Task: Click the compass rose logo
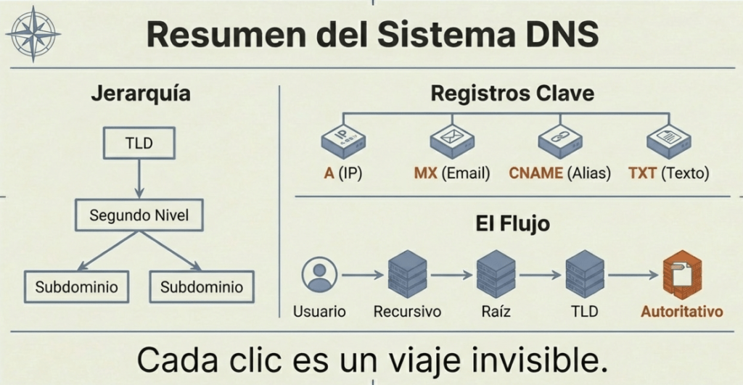tap(33, 33)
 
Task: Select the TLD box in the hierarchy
tap(138, 143)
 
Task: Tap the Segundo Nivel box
tap(138, 215)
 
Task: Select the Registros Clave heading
tap(512, 94)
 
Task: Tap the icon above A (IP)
tap(342, 142)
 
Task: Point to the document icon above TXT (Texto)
tap(668, 142)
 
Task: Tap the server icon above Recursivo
tap(407, 275)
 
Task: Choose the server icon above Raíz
tap(496, 275)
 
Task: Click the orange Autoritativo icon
tap(681, 275)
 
